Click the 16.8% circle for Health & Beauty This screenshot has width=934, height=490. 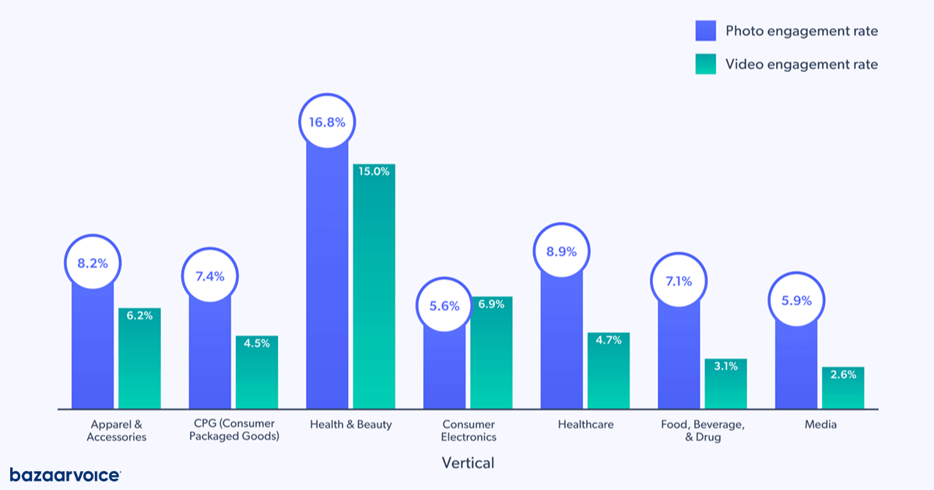coord(327,121)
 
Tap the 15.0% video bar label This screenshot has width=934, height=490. coord(374,171)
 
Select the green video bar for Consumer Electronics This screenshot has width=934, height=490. coord(491,358)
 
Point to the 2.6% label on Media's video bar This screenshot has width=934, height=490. coord(843,374)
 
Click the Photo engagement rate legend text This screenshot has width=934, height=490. coord(801,31)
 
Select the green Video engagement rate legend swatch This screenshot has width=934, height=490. coord(705,64)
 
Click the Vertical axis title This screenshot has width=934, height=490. coord(468,463)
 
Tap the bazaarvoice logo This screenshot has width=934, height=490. coord(65,474)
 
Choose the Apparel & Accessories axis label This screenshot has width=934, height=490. coord(116,431)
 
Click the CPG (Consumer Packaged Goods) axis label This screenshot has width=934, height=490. coord(233,431)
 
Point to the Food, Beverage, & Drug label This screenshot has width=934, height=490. coord(702,431)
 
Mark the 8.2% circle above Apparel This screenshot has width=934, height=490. coord(93,263)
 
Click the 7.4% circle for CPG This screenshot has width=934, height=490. coord(210,276)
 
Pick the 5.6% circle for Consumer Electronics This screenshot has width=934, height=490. coord(444,306)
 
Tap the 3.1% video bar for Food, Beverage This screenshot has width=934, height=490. coord(725,385)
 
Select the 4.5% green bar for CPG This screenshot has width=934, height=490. coord(257,373)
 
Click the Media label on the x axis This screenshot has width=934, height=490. coord(820,425)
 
